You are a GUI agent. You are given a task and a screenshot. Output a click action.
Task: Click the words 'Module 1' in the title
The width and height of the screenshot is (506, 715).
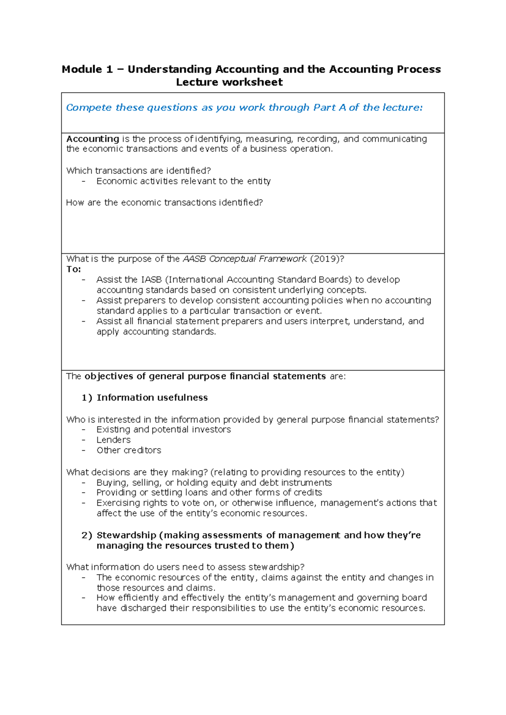tap(87, 69)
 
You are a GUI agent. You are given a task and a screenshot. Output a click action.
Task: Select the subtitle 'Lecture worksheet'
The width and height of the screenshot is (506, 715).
tap(229, 82)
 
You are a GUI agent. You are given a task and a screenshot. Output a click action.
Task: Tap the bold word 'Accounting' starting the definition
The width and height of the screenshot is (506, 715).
tap(93, 139)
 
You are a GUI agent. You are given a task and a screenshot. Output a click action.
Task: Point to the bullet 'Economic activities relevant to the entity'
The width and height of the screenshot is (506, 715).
tap(183, 181)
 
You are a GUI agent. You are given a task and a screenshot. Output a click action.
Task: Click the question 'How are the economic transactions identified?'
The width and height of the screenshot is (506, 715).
tap(164, 203)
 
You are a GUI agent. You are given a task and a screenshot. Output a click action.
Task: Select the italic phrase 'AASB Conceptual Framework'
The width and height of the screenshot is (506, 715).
tap(245, 259)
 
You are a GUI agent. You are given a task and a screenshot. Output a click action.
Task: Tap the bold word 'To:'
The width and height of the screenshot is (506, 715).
tap(73, 269)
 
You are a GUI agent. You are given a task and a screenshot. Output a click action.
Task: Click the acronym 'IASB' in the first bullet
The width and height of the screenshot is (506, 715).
tap(151, 280)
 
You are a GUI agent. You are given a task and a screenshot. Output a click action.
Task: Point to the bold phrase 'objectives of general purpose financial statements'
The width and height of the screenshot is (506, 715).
tap(205, 376)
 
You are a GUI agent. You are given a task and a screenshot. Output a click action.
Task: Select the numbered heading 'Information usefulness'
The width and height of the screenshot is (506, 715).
tap(152, 398)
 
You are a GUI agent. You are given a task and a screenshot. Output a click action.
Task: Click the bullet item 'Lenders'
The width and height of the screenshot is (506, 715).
tap(113, 440)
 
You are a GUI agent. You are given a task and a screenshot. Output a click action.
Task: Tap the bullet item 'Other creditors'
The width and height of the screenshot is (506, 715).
tap(129, 450)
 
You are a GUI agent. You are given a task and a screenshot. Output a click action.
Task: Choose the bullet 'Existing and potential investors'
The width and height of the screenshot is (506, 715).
tap(164, 430)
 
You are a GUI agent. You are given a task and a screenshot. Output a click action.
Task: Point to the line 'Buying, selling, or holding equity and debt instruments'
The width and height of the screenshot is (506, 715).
tap(214, 483)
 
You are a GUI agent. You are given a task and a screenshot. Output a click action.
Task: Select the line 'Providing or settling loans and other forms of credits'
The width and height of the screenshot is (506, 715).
tap(209, 492)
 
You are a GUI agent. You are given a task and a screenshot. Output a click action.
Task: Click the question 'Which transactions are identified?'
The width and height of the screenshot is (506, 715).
tap(138, 171)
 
